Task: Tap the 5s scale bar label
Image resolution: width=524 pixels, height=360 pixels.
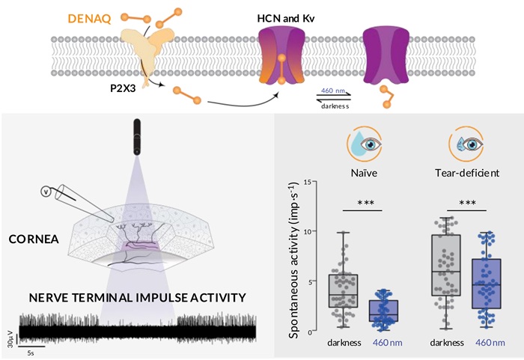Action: (x=30, y=352)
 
